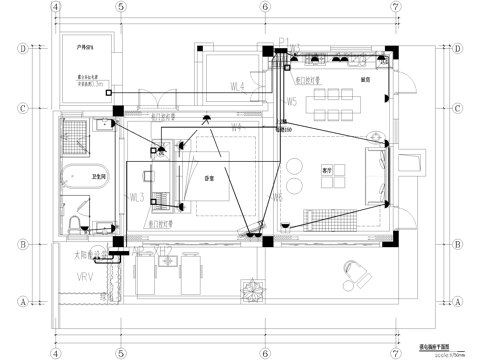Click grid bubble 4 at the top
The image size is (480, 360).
coord(57,6)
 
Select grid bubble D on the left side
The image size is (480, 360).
coord(23,47)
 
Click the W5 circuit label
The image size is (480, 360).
coord(291,102)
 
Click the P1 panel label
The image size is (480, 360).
coord(283,41)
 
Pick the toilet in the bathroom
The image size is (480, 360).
coord(103,126)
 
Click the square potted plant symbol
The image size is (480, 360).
coord(251,293)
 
